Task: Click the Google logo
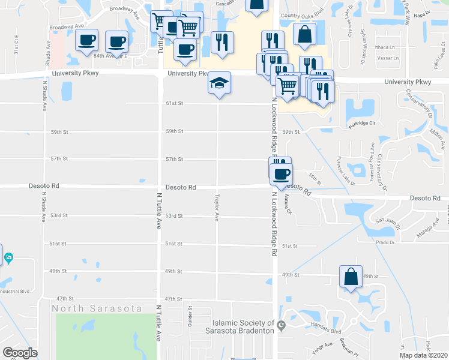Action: tap(20, 353)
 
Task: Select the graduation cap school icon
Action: tap(219, 83)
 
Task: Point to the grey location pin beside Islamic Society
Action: tap(280, 325)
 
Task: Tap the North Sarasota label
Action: tap(97, 308)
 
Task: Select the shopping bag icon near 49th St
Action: tap(351, 276)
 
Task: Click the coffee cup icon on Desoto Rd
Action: tap(280, 174)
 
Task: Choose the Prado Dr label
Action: tap(386, 242)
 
